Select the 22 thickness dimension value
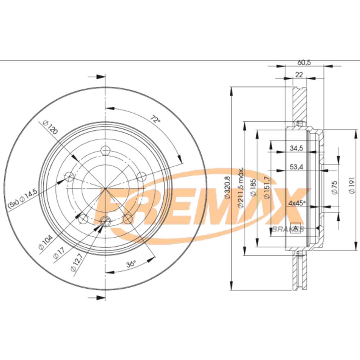click(x=299, y=75)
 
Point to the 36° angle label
click(x=131, y=264)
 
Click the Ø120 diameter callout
click(x=50, y=127)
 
